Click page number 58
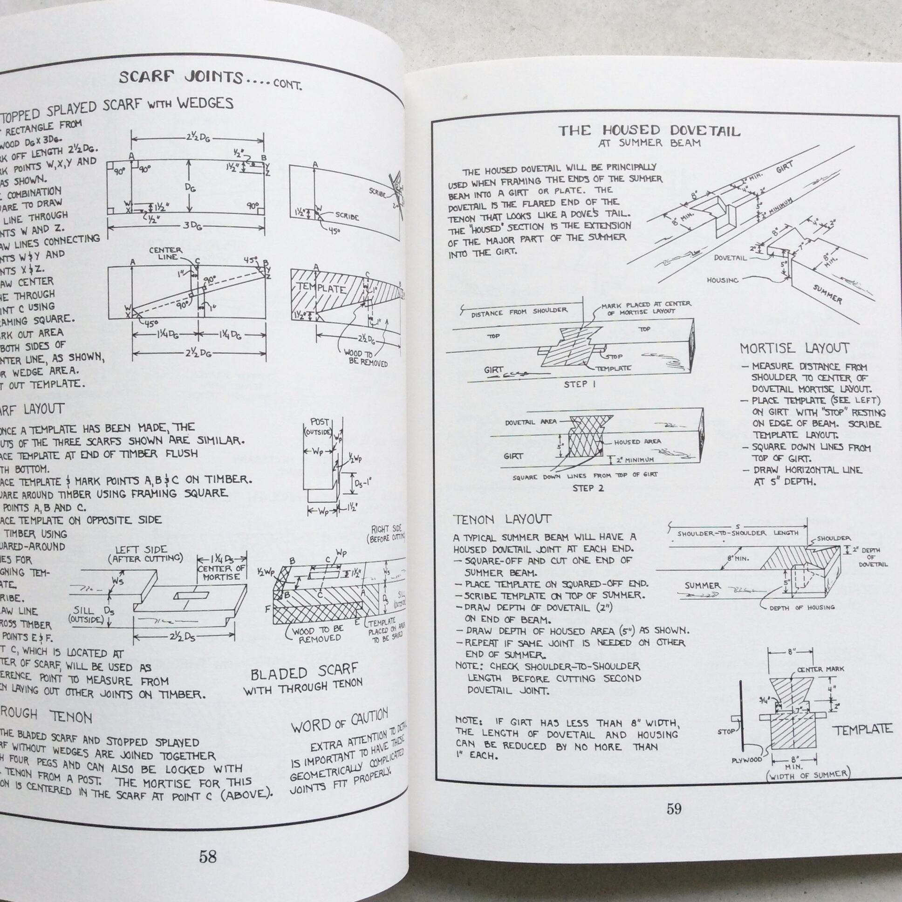point(207,856)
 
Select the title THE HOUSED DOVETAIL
point(649,131)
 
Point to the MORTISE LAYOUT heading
point(794,348)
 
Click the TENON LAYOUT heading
point(502,519)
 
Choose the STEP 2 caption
point(588,488)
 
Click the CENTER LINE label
point(165,253)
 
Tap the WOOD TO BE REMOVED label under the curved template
point(366,358)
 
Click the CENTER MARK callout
point(820,670)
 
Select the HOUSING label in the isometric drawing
point(722,280)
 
